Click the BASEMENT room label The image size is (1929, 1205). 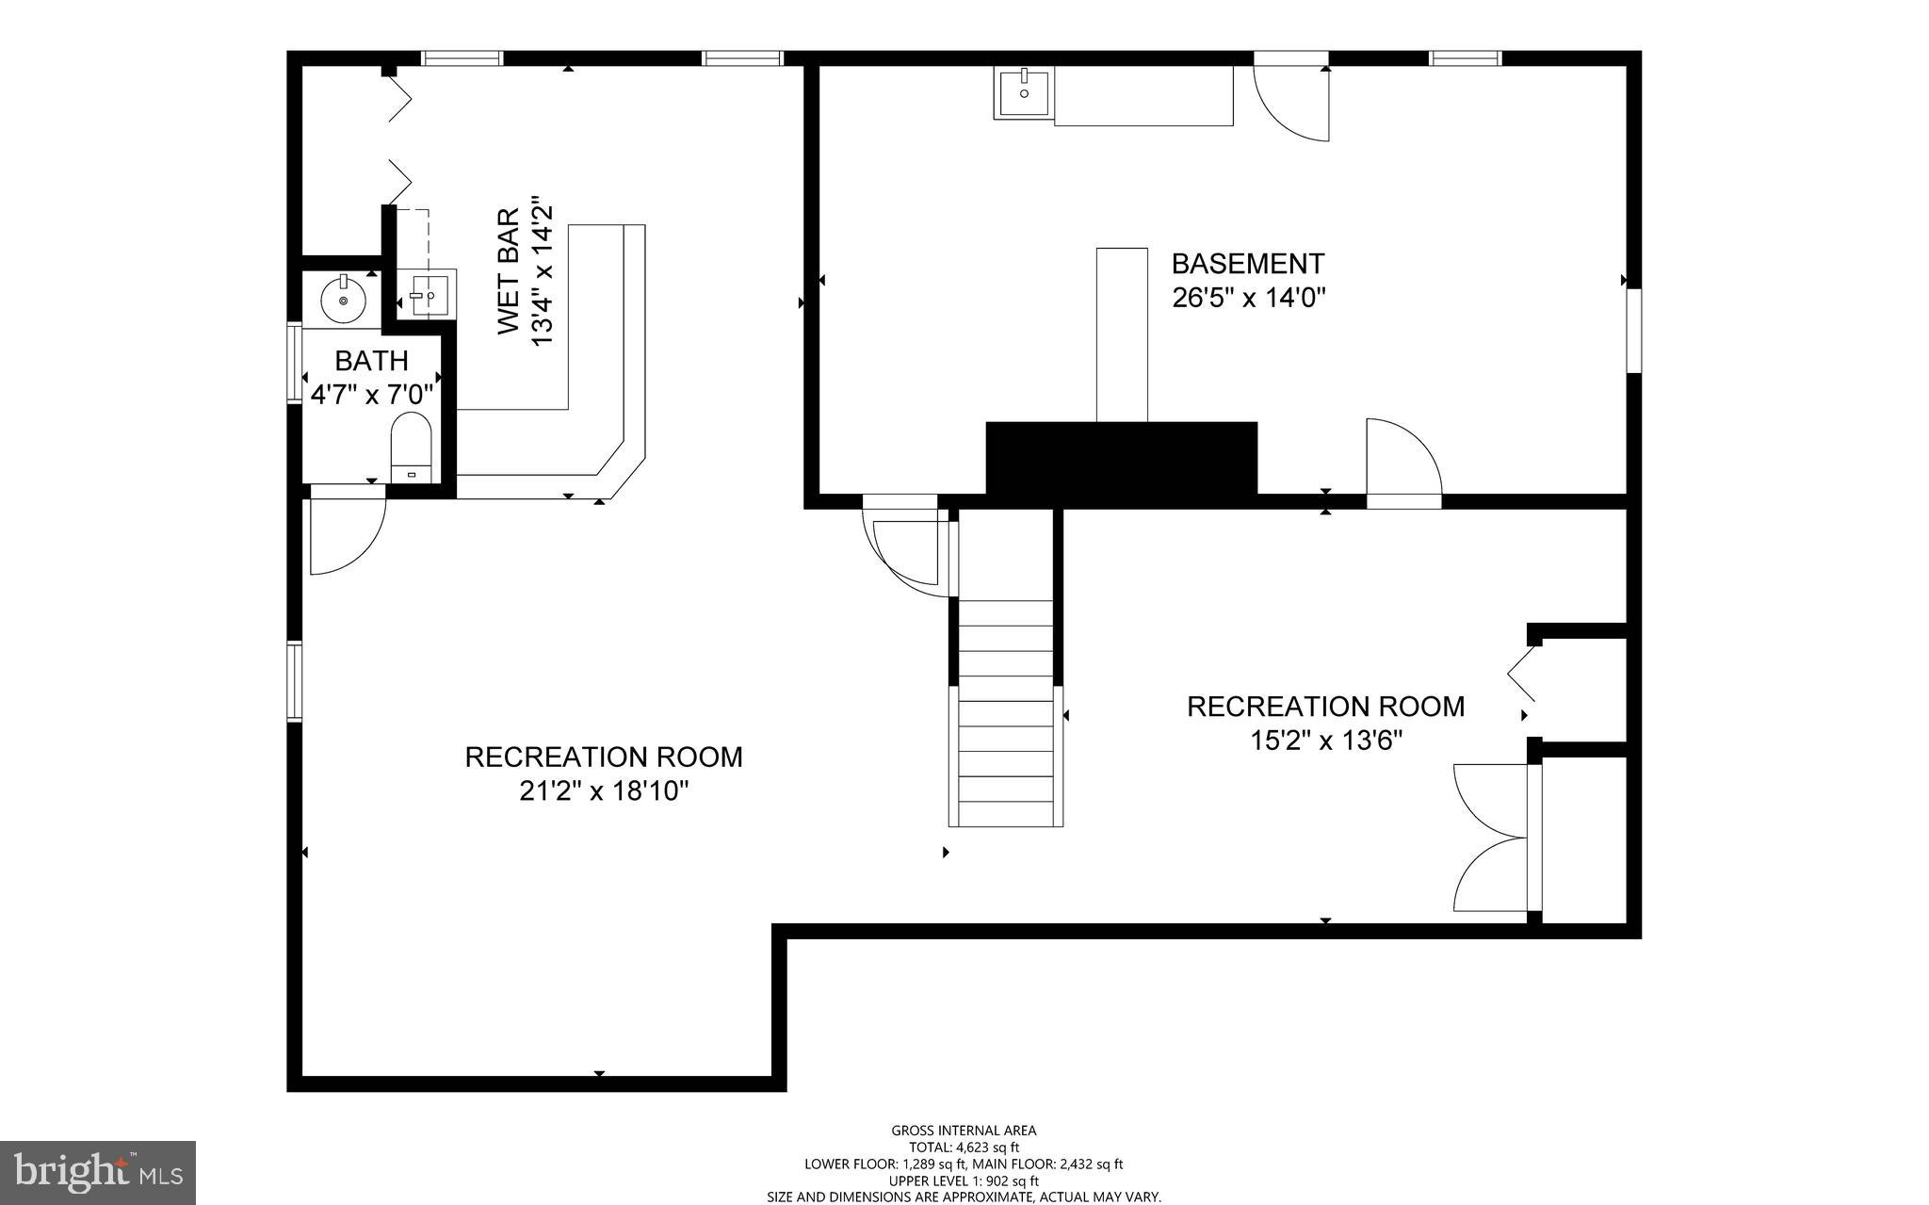click(x=1248, y=263)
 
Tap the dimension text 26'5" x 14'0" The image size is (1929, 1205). click(x=1248, y=298)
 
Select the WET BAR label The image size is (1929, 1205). click(x=508, y=271)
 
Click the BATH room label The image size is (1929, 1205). click(x=371, y=361)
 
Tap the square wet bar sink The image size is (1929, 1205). click(x=427, y=295)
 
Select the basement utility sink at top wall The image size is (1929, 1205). click(x=1022, y=92)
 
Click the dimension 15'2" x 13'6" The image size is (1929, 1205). click(x=1325, y=741)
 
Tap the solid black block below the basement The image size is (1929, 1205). click(x=1121, y=459)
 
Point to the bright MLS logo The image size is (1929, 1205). click(x=98, y=1173)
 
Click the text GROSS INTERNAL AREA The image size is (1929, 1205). click(x=964, y=1131)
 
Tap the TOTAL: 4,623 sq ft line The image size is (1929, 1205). click(x=964, y=1148)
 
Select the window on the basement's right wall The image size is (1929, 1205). click(x=1634, y=330)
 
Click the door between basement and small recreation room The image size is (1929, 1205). click(x=1403, y=462)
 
